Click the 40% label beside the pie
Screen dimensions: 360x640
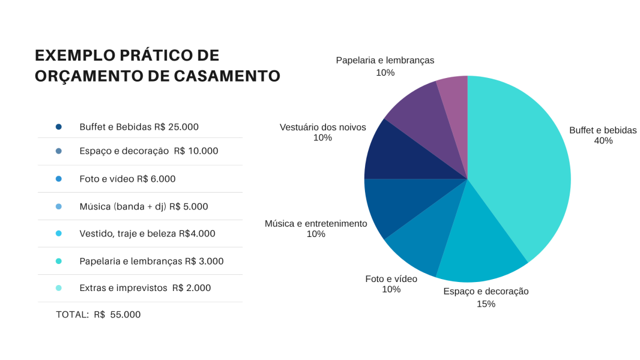[603, 141]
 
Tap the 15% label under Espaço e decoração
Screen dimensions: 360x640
[486, 304]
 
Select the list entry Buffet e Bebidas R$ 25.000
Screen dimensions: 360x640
[139, 127]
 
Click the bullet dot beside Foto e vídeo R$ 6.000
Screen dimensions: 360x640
[58, 179]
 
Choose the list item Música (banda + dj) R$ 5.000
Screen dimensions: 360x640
[143, 206]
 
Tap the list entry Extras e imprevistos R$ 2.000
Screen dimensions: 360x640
[145, 288]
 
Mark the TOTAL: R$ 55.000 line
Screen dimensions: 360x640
[98, 314]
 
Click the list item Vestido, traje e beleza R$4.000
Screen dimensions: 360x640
[147, 234]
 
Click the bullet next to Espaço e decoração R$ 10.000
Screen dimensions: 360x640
[58, 151]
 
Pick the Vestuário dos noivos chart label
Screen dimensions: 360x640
[322, 127]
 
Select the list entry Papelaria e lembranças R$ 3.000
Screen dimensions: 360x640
[151, 261]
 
